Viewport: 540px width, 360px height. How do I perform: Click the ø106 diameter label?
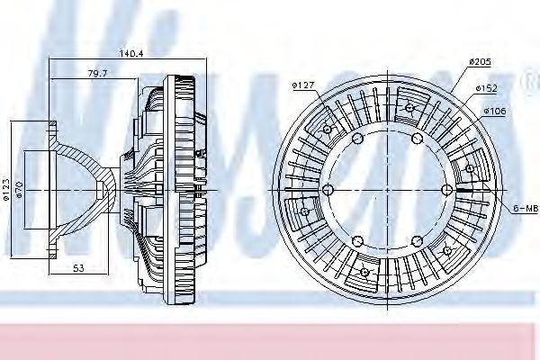494,110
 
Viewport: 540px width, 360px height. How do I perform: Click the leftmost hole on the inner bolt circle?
328,189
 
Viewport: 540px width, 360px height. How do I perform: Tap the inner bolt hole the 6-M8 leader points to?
448,189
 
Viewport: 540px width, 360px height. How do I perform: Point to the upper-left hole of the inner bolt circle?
357,138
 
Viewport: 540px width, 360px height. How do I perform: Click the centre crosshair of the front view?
388,189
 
